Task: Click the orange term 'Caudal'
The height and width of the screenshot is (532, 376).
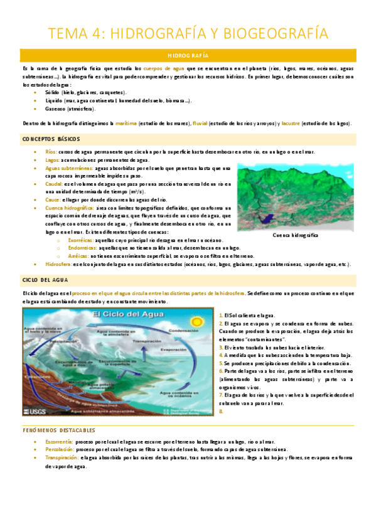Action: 55,184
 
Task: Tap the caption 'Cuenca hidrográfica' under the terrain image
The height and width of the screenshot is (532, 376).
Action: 296,235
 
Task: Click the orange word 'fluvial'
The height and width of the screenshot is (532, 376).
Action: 202,124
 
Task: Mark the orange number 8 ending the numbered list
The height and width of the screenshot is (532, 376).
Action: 220,412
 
